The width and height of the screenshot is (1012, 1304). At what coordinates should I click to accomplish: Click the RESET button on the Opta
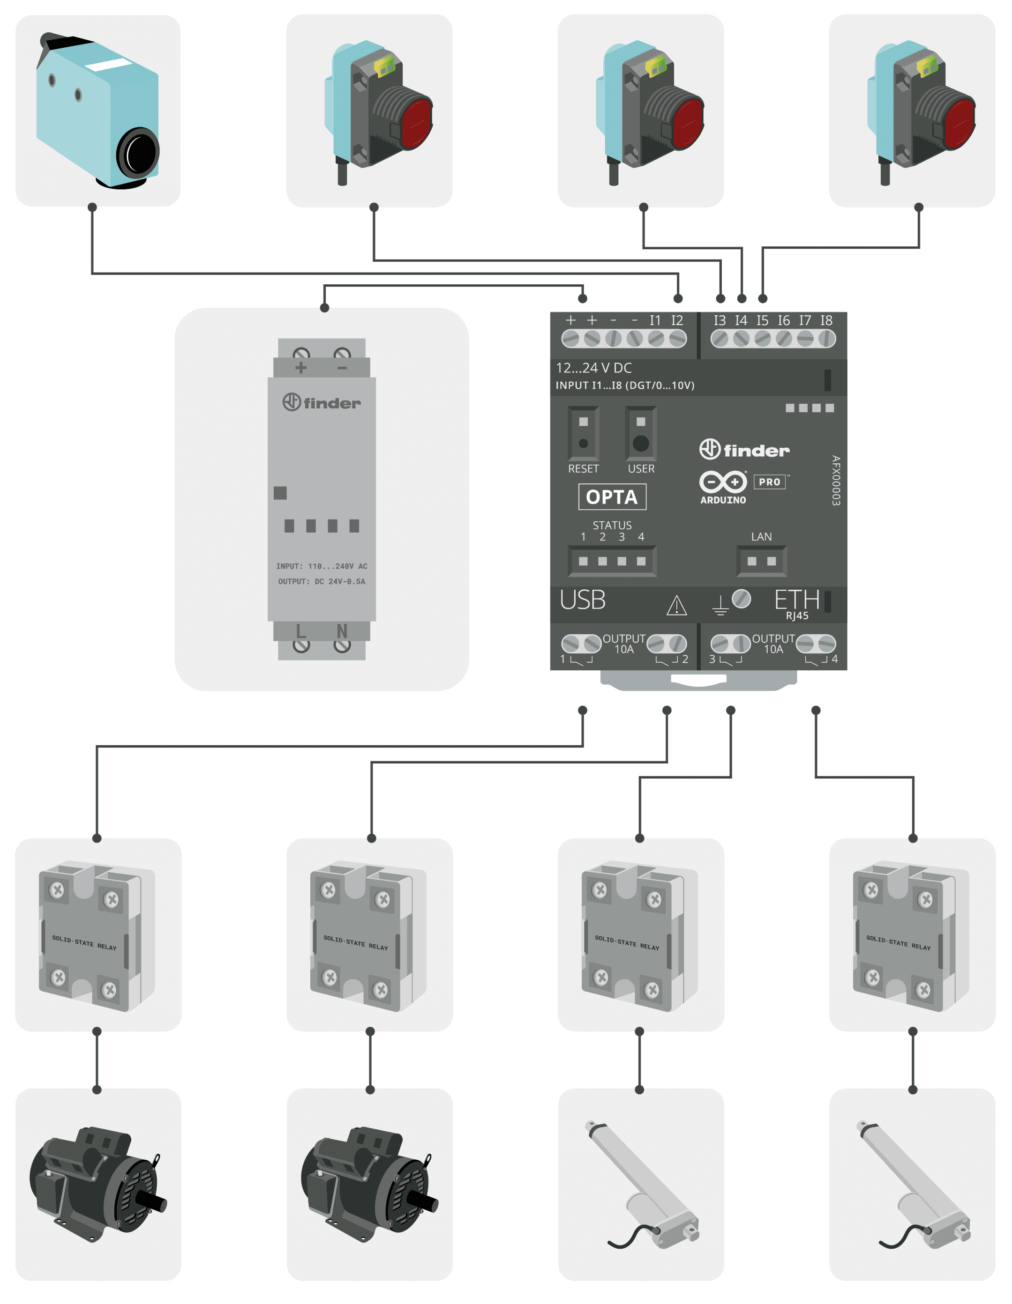point(583,444)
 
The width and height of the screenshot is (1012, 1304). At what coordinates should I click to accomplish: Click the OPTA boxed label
point(612,497)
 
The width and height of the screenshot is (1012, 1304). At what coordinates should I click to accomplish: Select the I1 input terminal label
point(655,321)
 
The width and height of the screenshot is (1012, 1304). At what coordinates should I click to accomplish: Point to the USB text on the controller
point(583,600)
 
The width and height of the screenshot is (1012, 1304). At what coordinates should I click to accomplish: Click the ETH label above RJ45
point(796,600)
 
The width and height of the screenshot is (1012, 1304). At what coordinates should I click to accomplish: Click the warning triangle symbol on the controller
point(676,606)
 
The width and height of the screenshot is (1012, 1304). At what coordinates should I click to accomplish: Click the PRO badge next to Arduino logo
point(770,482)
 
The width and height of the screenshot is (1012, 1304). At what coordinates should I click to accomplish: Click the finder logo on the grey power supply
point(322,402)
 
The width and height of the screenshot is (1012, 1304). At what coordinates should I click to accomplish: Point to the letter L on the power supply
point(301,631)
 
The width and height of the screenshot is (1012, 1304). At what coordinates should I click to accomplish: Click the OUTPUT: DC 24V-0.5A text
point(322,582)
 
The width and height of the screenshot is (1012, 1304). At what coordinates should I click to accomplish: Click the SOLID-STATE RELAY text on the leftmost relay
point(84,943)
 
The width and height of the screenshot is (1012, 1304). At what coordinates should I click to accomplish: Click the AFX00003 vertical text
point(836,481)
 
